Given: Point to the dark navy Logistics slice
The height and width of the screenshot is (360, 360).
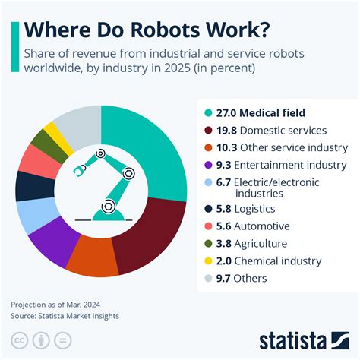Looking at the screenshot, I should coord(30,185).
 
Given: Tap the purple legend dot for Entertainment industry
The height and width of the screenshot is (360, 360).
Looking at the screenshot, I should coord(209,165).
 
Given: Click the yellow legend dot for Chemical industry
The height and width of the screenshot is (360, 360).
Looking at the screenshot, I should coord(209,261).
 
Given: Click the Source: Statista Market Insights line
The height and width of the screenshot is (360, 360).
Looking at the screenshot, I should coord(65,315).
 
